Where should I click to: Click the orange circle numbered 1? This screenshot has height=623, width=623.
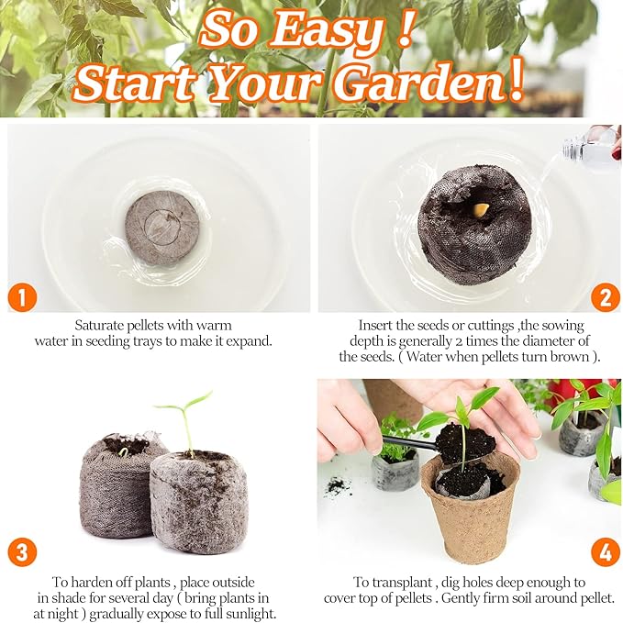22,297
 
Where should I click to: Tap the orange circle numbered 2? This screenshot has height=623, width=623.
605,297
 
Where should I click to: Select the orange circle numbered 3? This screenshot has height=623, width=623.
22,552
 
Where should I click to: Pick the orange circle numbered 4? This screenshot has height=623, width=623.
606,552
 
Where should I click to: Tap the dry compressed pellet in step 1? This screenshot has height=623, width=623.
162,227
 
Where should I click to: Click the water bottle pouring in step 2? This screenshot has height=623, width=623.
593,144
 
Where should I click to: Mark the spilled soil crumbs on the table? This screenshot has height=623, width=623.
337,486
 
